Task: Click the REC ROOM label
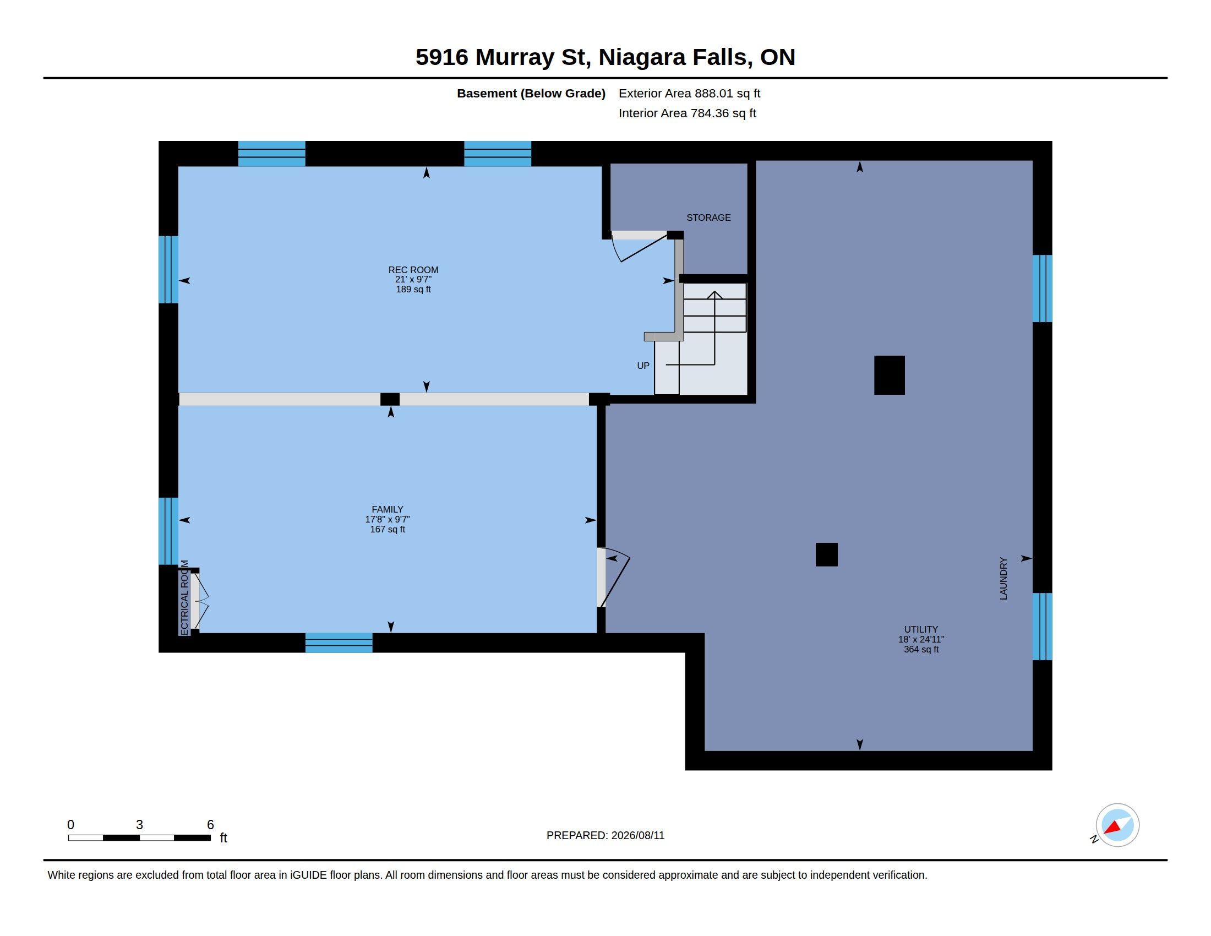pos(413,270)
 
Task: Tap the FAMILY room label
pos(387,510)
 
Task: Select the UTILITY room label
pos(921,629)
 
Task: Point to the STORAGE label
pos(708,217)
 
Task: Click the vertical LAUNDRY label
pos(1003,578)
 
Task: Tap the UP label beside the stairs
pos(642,366)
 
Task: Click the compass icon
pos(1117,825)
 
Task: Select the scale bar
pos(139,837)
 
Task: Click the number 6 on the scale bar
pos(210,825)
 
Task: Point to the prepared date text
pos(605,835)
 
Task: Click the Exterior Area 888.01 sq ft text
pos(689,93)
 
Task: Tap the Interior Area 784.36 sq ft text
pos(687,113)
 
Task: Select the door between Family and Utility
pos(613,577)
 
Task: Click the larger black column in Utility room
pos(889,376)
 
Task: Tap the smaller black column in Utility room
pos(826,554)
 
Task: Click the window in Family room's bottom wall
pos(339,643)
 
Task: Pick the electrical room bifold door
pos(199,601)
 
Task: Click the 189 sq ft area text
pos(413,290)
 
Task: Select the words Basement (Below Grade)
pos(531,93)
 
